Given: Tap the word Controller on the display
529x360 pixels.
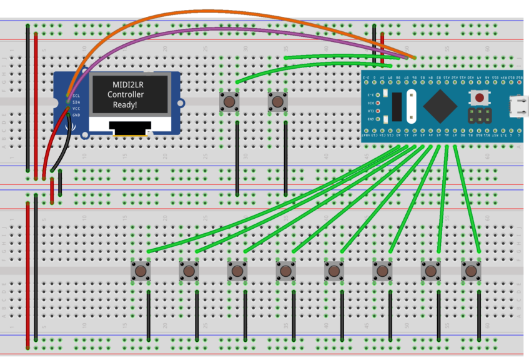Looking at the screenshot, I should coord(126,94).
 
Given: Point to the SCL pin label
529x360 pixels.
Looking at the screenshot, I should coord(76,96).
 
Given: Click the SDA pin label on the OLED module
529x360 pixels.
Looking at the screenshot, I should coord(76,102).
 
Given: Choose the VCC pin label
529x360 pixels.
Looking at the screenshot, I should coord(76,109).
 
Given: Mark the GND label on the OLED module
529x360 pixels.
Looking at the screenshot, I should coord(76,115).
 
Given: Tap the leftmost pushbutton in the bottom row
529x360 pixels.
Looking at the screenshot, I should coord(141,271).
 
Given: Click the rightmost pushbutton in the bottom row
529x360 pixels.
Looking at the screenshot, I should coord(472,271).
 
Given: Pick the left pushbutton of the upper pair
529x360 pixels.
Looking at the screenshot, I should coord(230,101).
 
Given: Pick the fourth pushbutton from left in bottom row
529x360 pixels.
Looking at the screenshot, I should coord(285,271).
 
